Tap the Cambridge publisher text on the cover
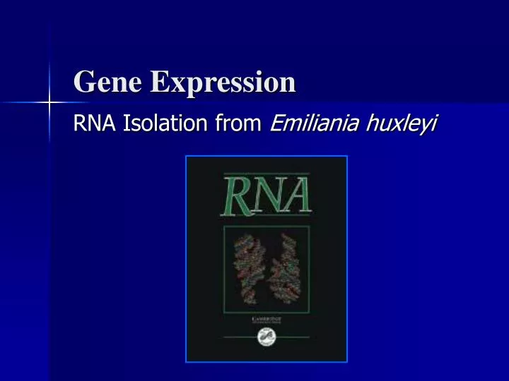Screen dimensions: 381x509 266,320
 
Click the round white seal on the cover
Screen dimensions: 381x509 266,340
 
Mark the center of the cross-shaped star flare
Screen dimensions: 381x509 49,103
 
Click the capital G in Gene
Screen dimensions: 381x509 84,83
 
